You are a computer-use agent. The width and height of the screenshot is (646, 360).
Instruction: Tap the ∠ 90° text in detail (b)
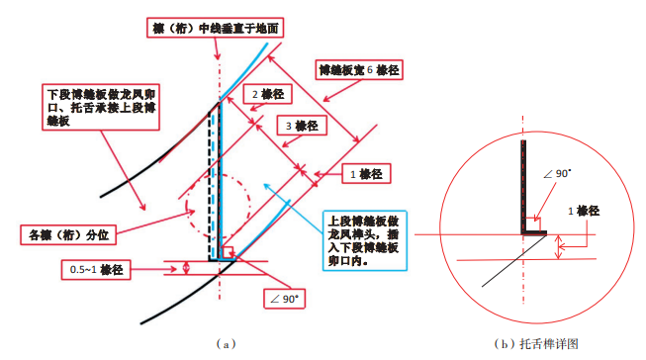[x=558, y=175]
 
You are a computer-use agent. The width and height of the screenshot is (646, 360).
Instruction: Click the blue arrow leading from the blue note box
[x=302, y=204]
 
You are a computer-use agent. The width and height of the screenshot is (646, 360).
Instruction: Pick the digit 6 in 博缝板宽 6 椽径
[x=369, y=71]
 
